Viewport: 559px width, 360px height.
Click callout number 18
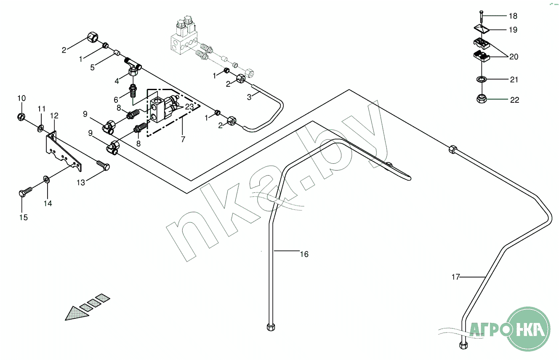(x=513, y=16)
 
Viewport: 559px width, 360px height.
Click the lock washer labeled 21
(x=481, y=79)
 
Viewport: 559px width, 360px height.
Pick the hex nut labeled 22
(x=481, y=99)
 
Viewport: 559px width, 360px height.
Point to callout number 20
(x=514, y=56)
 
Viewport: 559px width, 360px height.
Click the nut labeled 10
(x=21, y=116)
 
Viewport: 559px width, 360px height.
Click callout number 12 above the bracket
(x=54, y=115)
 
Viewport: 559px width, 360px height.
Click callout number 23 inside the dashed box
(x=189, y=107)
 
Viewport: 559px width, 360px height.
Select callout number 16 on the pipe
(x=304, y=254)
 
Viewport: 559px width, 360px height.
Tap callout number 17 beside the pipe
(x=455, y=277)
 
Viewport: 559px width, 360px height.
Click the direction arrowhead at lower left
(x=74, y=313)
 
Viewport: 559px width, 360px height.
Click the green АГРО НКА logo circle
(x=529, y=329)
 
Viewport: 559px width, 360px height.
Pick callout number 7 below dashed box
(x=183, y=139)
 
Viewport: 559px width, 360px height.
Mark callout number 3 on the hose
(x=249, y=97)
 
